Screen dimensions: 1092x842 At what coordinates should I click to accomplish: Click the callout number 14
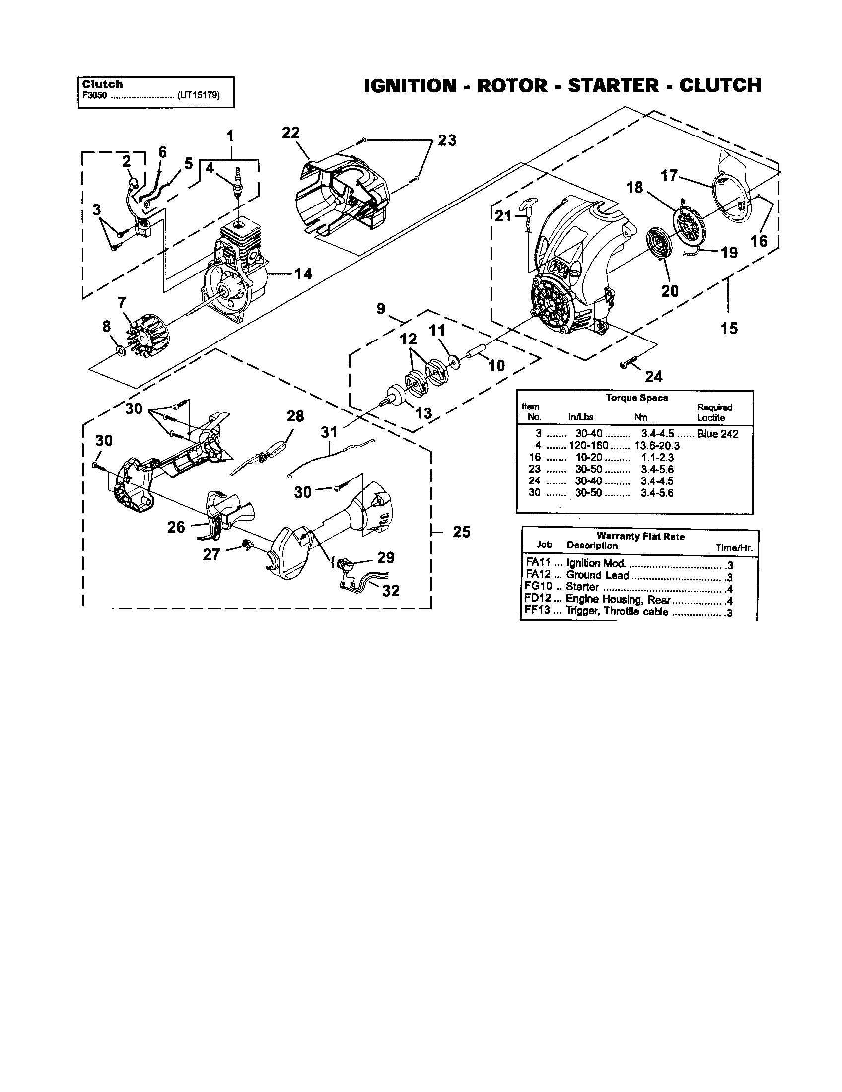pos(303,273)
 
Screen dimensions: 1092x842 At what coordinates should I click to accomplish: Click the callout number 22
pos(290,133)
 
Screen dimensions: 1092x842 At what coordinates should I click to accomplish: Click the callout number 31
pos(329,431)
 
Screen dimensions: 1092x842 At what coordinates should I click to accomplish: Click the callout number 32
pos(391,591)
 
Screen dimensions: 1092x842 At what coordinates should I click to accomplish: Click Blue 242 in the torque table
pos(717,434)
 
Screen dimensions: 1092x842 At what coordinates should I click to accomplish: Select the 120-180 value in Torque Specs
pos(588,446)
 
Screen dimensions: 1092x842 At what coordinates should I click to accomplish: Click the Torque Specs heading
pos(636,398)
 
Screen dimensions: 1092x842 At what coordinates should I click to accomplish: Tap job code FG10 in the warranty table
pos(538,587)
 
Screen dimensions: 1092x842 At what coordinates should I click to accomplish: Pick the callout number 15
pos(729,329)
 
